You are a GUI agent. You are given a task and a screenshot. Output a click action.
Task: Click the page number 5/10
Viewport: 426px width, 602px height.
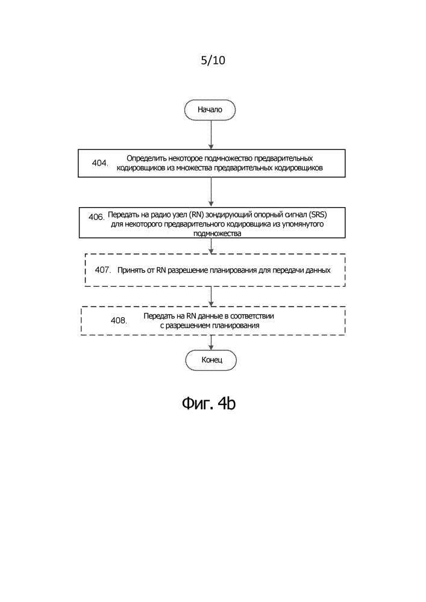213,60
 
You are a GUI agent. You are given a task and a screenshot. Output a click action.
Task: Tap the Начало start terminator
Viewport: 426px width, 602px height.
210,110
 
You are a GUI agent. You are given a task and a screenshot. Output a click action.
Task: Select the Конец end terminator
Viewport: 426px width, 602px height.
211,360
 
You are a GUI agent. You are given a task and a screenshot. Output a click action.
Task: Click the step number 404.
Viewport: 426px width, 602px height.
100,163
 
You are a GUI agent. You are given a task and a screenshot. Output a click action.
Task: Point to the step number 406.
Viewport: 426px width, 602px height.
96,217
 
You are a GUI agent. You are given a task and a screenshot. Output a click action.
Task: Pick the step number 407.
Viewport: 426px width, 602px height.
103,270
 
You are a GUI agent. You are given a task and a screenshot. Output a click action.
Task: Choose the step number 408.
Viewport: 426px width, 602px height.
119,320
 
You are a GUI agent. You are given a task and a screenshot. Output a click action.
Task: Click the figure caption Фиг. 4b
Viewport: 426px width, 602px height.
208,403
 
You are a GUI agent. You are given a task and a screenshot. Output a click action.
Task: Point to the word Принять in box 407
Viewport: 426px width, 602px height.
130,270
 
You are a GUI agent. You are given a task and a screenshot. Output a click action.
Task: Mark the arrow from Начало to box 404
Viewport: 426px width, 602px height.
211,135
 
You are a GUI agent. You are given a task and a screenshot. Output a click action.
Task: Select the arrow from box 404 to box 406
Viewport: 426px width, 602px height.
211,192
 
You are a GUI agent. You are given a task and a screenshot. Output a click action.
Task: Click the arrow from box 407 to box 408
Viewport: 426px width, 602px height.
211,296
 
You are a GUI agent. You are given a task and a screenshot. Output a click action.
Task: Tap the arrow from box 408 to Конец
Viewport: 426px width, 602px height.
211,343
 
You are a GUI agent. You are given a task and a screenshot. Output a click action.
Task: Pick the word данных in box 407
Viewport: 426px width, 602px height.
318,270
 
